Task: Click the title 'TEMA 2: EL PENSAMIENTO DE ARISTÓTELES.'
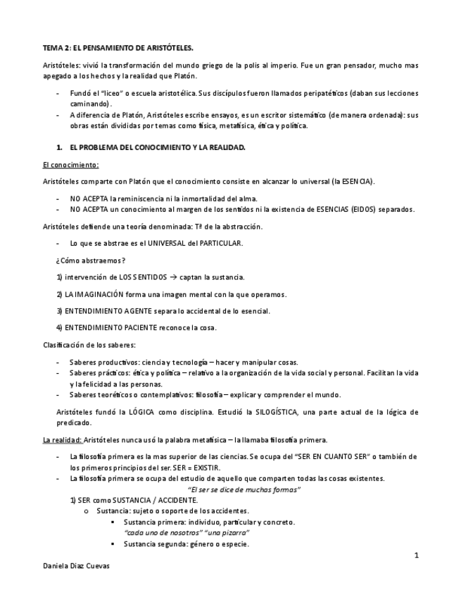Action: tap(118, 48)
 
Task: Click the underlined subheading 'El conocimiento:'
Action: tap(70, 165)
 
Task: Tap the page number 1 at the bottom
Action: tap(417, 555)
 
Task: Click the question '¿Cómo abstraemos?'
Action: tap(91, 260)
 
